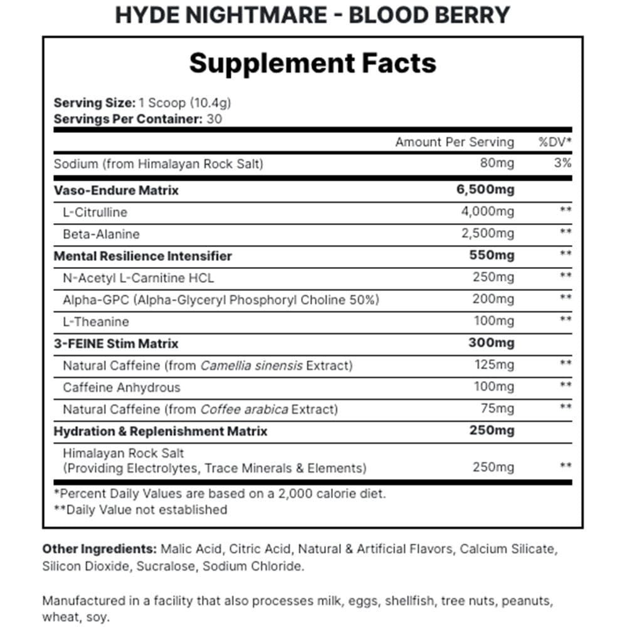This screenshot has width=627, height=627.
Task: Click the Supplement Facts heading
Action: [x=313, y=63]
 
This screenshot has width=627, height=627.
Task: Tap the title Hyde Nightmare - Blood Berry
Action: [x=313, y=14]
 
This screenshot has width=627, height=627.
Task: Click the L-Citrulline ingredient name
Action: [x=95, y=212]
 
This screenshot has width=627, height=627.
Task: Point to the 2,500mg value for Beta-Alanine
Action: [x=487, y=234]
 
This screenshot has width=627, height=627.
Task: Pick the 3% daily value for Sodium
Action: [x=562, y=164]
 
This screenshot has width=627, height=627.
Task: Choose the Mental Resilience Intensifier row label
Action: [x=143, y=256]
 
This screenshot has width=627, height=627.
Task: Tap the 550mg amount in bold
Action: [x=492, y=256]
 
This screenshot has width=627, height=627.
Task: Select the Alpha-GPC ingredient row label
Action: [x=221, y=300]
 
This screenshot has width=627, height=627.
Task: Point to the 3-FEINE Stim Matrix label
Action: [x=116, y=344]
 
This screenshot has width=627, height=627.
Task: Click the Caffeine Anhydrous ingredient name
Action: [x=122, y=387]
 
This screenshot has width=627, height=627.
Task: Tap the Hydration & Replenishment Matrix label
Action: [x=161, y=431]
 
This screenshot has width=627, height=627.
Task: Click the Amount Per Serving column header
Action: [x=454, y=142]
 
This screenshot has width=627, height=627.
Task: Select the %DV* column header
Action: [x=555, y=142]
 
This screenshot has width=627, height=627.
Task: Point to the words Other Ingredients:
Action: [x=99, y=549]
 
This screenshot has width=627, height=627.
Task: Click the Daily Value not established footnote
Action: [x=140, y=510]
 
